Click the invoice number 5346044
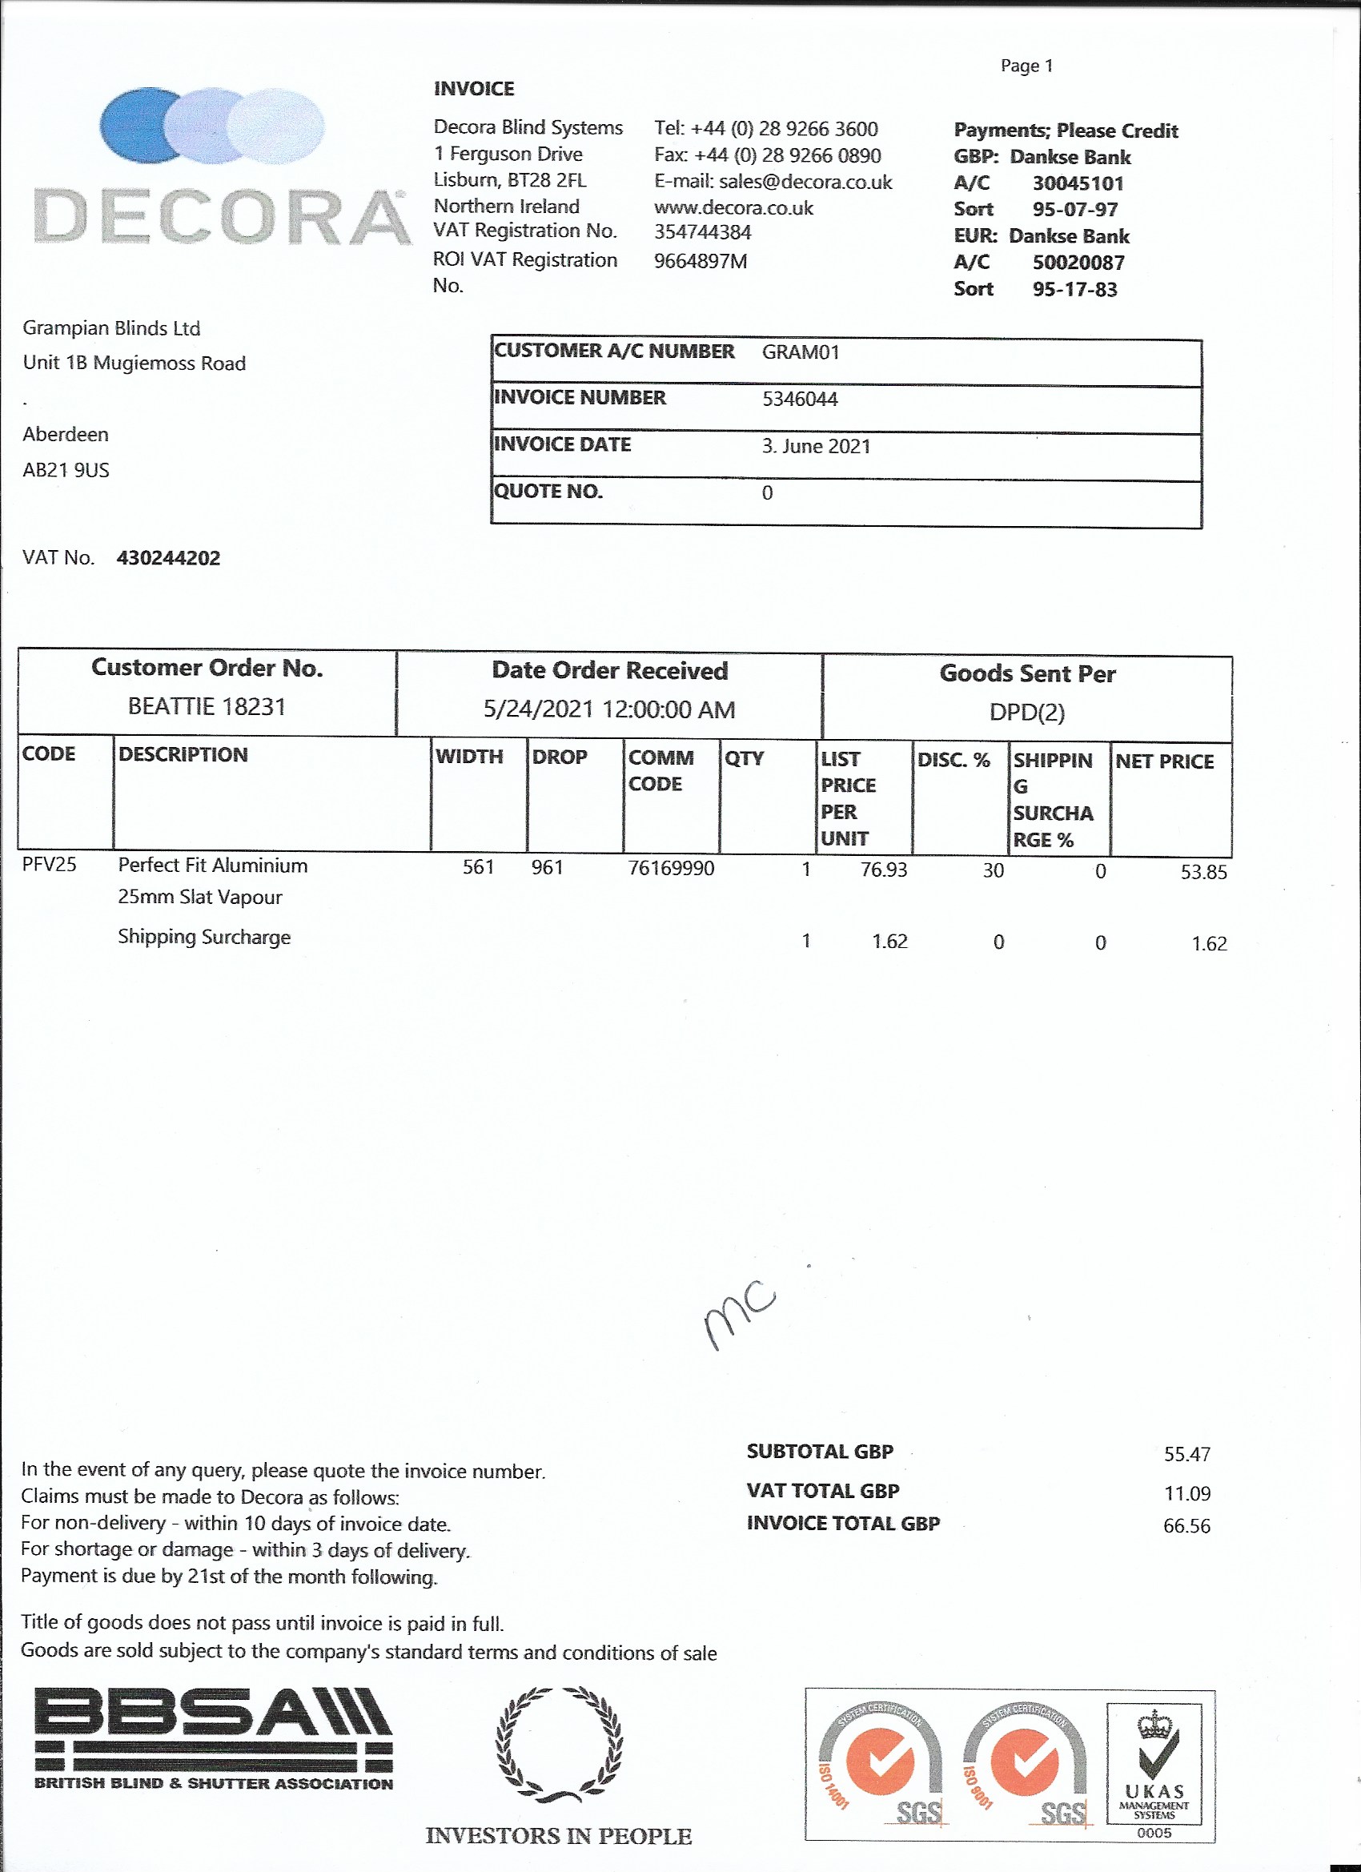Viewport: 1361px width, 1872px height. coord(799,400)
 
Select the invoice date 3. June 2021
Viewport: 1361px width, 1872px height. coord(816,447)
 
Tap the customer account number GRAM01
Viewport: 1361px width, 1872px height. coord(800,352)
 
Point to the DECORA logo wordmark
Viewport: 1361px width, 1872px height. coord(221,217)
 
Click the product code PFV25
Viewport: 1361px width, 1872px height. coord(49,864)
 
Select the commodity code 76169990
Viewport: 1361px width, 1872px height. coord(670,868)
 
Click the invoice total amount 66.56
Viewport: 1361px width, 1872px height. coord(1186,1526)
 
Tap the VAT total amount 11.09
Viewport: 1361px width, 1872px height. coord(1186,1493)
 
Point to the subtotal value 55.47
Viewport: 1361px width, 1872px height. coord(1186,1454)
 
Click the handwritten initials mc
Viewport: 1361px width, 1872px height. coord(740,1313)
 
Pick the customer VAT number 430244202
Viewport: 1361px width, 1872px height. coord(168,558)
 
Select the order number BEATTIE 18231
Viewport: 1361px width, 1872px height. coord(207,706)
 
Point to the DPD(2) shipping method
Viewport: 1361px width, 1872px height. coord(1026,712)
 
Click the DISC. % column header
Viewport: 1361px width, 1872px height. coord(953,760)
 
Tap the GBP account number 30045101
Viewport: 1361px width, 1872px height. coord(1077,183)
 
